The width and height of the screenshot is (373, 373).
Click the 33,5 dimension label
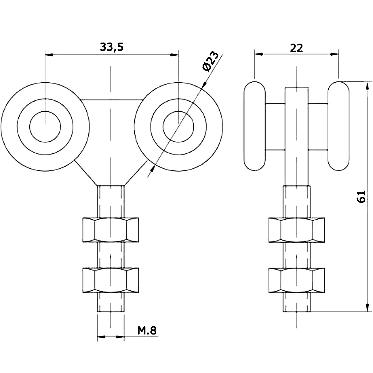point(112,47)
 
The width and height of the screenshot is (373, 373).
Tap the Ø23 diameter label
point(210,62)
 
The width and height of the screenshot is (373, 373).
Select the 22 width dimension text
point(296,48)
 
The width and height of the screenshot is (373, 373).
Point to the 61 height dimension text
point(361,197)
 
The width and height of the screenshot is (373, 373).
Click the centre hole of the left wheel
point(45,127)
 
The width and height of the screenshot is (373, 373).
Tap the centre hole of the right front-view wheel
point(178,127)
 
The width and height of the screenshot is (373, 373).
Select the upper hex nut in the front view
point(111,230)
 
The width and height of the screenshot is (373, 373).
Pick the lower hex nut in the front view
point(111,280)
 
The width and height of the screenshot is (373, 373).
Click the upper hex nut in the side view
point(297,230)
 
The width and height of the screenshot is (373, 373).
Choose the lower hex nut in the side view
point(297,280)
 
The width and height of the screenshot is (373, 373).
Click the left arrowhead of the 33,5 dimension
point(49,55)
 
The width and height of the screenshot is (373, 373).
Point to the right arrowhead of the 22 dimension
point(334,54)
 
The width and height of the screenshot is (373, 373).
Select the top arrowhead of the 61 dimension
point(367,86)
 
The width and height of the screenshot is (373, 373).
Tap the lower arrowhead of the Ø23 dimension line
point(153,168)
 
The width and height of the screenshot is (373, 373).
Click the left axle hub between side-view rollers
point(275,127)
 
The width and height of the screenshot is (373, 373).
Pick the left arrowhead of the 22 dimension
point(259,54)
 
